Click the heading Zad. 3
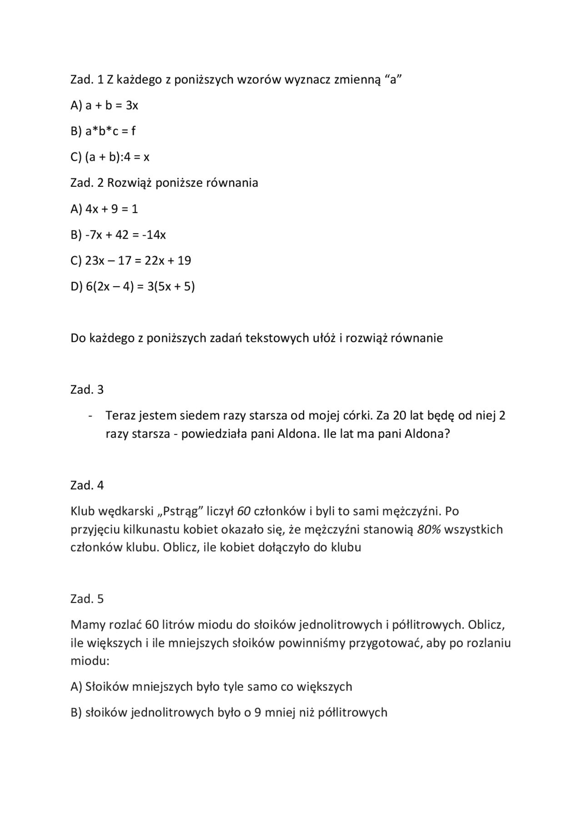pos(87,390)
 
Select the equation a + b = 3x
pos(111,106)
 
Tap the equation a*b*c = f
pos(110,132)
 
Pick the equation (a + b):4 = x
pos(117,158)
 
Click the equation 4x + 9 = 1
pos(111,209)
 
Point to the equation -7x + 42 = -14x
pos(125,235)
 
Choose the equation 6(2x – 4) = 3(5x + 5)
pos(140,287)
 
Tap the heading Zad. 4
pos(87,486)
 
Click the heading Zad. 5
pos(87,599)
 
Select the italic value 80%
pos(428,530)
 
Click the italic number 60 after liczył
pos(244,512)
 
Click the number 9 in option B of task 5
pos(257,713)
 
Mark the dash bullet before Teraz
pos(91,416)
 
